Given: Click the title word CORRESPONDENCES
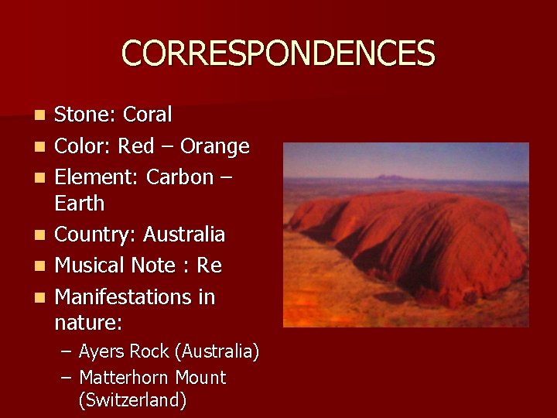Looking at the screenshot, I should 278,53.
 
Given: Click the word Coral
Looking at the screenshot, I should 148,115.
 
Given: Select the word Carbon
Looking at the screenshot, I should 179,177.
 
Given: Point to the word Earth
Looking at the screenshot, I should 79,204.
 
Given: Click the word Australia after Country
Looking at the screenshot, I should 184,235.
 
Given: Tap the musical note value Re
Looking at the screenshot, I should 209,266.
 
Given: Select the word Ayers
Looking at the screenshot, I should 102,351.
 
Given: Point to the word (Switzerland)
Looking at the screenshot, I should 132,400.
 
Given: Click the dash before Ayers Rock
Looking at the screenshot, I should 67,352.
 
